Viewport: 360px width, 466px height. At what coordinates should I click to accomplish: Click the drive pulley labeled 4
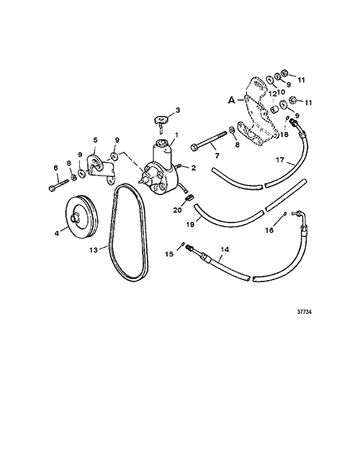[81, 217]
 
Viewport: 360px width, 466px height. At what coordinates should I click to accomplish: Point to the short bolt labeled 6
[58, 184]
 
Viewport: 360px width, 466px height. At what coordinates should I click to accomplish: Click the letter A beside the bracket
[232, 100]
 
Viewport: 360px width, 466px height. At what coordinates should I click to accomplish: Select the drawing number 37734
[305, 312]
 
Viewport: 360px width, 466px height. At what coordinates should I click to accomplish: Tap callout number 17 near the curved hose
[280, 160]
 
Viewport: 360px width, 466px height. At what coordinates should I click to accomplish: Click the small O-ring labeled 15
[182, 244]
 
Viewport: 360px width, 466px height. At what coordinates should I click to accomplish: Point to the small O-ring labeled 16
[284, 213]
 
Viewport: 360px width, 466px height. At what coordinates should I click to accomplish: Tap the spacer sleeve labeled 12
[275, 109]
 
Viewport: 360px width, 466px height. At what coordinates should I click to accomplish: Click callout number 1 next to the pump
[176, 135]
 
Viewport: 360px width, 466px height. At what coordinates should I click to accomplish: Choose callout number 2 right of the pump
[194, 169]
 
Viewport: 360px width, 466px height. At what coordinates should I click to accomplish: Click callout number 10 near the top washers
[281, 92]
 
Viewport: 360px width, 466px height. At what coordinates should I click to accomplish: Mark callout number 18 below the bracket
[284, 135]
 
